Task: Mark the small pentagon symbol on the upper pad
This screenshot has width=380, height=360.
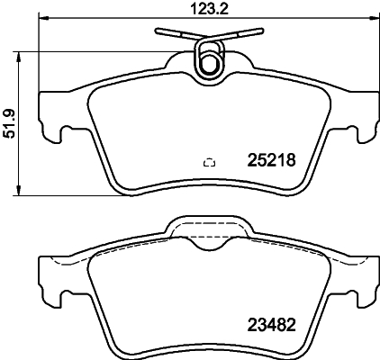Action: [210, 163]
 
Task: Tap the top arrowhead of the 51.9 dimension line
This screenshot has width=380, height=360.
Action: [20, 52]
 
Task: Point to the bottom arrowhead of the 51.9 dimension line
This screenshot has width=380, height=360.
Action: [20, 191]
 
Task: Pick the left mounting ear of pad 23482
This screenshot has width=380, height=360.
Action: [52, 288]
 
